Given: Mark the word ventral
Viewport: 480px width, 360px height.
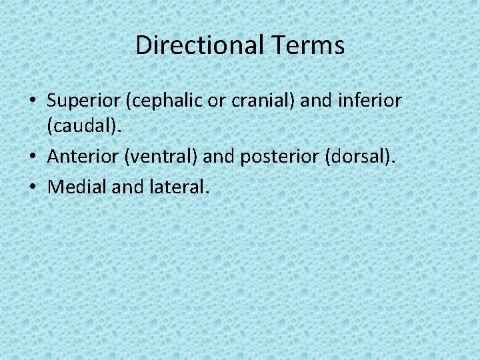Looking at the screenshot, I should (x=167, y=157).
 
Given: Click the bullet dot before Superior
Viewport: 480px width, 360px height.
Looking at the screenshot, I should (x=32, y=102).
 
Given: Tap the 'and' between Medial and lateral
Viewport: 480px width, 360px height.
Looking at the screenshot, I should (x=127, y=187).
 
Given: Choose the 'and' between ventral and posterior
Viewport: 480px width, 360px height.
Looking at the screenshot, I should (x=219, y=157).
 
